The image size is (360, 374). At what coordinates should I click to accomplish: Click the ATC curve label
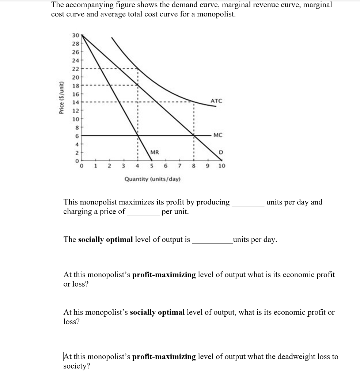tap(216, 100)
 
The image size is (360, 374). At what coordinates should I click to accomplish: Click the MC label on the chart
tap(217, 135)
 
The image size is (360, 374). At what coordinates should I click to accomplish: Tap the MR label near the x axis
tap(154, 152)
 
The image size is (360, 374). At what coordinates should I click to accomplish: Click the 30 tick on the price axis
tap(75, 35)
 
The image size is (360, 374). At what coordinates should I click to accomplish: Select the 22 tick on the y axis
tap(75, 68)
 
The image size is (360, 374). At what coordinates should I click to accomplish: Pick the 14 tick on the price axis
tap(75, 102)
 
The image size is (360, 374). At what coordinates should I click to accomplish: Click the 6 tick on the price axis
tap(76, 135)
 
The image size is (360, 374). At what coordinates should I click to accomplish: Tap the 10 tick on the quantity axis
tap(221, 166)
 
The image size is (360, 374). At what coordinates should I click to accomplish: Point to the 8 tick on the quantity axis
tap(194, 166)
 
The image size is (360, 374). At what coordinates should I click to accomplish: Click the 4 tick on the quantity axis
tap(137, 166)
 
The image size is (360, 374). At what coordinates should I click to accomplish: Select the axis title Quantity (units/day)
tap(152, 179)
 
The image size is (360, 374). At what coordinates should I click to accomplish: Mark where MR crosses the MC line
tap(138, 135)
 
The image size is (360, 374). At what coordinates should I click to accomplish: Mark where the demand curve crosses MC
tap(194, 135)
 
